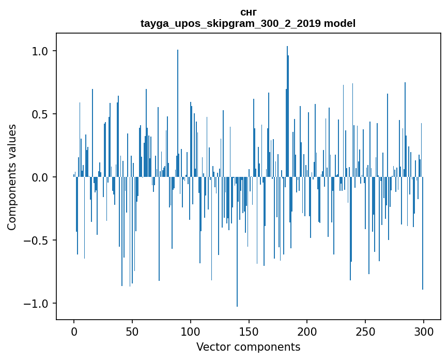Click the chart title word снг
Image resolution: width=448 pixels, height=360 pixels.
pos(248,12)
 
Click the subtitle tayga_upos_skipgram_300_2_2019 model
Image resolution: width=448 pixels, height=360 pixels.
pos(248,23)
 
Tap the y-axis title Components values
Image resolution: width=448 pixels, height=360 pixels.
pos(12,177)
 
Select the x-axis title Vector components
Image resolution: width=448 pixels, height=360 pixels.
pos(248,347)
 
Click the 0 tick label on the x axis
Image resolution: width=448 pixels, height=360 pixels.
pos(74,331)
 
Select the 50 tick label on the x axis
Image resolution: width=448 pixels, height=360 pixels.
pos(132,331)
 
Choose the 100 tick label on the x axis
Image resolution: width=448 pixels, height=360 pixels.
pos(191,331)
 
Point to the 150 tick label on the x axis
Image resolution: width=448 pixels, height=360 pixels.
pos(249,331)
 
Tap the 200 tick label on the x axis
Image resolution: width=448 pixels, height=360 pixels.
pos(307,331)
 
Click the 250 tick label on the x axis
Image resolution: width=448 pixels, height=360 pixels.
pos(365,331)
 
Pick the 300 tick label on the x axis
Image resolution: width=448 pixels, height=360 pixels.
pos(424,331)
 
